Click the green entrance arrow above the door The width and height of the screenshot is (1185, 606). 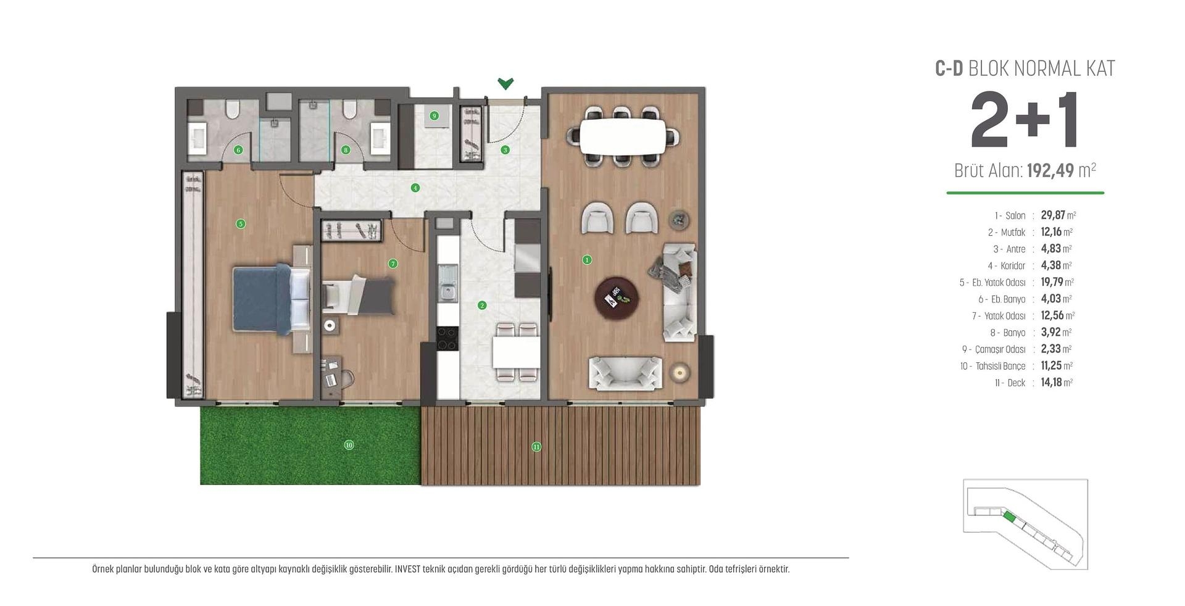(505, 83)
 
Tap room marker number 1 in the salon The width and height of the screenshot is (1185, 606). (587, 260)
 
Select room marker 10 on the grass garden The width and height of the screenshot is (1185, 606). (349, 445)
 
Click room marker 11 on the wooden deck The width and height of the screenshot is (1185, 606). (536, 447)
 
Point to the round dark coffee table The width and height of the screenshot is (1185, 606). (617, 298)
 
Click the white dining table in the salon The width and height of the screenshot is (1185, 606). (623, 136)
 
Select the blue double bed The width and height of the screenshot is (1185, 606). (270, 299)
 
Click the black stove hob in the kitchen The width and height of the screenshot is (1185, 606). (447, 338)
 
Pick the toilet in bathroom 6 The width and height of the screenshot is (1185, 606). (233, 110)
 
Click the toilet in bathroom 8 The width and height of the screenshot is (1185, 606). (350, 110)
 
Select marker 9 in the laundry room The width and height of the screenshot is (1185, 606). (434, 116)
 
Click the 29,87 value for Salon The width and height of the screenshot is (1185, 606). (1053, 215)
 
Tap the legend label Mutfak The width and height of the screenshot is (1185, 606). (1013, 233)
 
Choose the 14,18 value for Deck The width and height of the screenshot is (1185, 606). (1051, 383)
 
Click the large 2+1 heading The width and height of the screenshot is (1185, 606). (1025, 121)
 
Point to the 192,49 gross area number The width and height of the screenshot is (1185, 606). (1050, 170)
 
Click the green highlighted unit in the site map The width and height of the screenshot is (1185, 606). (1008, 517)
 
